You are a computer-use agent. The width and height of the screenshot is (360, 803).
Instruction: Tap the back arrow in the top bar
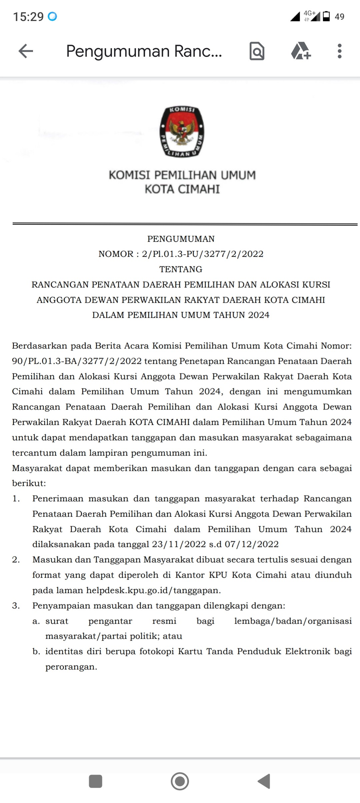(x=26, y=51)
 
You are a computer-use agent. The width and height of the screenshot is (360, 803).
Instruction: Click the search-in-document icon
(x=257, y=51)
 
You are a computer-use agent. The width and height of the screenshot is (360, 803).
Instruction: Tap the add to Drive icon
(x=301, y=51)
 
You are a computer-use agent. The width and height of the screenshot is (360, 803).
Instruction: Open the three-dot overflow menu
(x=339, y=51)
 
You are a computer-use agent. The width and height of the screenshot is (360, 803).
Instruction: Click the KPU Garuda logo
(x=182, y=132)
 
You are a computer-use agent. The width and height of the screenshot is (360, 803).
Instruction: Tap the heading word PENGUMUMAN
(x=181, y=239)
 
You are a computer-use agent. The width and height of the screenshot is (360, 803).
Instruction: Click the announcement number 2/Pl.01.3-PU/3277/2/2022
(x=203, y=254)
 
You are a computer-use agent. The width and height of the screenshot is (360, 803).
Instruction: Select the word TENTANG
(x=181, y=269)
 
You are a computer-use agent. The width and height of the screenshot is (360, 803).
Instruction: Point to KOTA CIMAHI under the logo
(x=182, y=189)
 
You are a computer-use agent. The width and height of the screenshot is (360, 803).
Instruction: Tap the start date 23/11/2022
(x=179, y=544)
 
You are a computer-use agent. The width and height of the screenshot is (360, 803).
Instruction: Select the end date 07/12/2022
(x=252, y=544)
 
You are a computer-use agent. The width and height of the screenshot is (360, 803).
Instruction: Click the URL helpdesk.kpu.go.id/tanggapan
(x=153, y=590)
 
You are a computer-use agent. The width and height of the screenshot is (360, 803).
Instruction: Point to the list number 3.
(x=16, y=606)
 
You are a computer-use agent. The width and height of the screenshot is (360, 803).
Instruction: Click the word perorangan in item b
(x=71, y=667)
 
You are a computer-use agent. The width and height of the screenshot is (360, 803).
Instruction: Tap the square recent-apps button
(x=95, y=781)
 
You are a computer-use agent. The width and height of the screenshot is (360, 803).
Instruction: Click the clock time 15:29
(x=28, y=17)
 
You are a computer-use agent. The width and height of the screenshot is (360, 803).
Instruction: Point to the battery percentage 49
(x=339, y=17)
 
